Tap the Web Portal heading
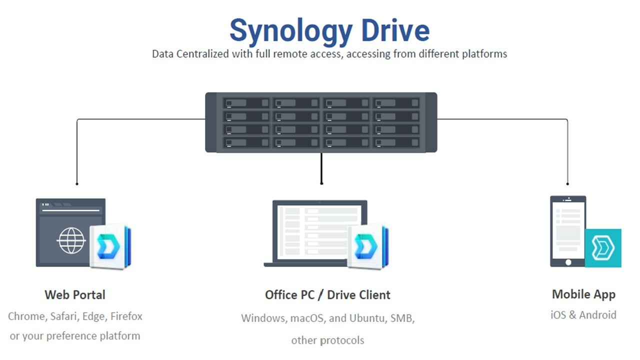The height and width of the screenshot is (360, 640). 75,294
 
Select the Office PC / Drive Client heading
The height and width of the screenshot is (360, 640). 327,295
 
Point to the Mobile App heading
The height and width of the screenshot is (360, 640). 583,294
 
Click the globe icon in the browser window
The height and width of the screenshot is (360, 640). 71,240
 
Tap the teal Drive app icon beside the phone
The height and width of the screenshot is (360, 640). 603,248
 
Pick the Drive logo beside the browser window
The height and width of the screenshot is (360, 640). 109,246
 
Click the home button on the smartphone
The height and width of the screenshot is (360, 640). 568,262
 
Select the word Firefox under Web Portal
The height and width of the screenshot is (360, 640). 126,316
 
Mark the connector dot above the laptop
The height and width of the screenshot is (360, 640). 321,183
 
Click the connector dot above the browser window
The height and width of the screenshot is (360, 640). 76,183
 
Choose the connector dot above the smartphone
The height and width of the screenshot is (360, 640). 567,183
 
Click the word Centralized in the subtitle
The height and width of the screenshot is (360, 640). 202,54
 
